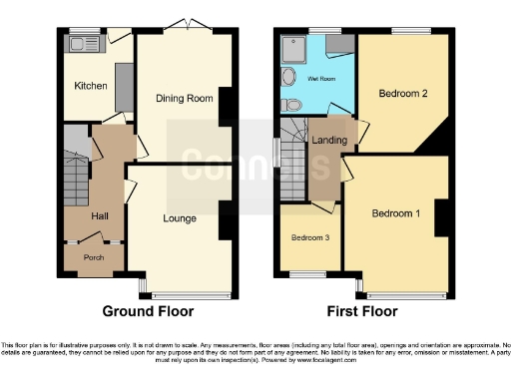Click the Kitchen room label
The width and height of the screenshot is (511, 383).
[x=91, y=86]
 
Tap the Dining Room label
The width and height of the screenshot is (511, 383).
[x=185, y=98]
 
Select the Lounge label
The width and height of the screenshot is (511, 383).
[x=180, y=217]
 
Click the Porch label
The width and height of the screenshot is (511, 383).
[x=94, y=258]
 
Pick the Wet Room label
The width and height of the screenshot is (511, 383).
[x=321, y=77]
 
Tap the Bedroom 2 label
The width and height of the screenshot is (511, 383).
[x=403, y=94]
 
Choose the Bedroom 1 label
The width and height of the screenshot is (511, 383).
[x=396, y=213]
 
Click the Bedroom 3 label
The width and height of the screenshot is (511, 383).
[x=308, y=238]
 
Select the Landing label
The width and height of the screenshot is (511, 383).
[x=328, y=141]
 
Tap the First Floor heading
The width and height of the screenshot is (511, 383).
[x=363, y=311]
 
